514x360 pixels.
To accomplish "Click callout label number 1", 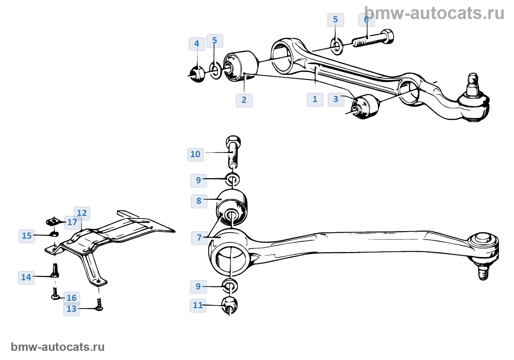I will click(315, 99).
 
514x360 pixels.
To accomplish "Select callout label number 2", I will click(244, 100).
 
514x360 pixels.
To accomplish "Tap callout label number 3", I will click(336, 99).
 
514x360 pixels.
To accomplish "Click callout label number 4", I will click(197, 44).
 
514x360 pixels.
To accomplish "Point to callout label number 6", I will click(366, 19).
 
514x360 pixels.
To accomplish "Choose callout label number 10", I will click(195, 154).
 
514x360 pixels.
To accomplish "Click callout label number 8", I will click(199, 201).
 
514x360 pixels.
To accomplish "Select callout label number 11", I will click(198, 305).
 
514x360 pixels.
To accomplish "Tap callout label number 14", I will click(26, 277).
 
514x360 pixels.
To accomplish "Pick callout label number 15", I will click(27, 236).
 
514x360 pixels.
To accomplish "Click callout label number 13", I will click(72, 309).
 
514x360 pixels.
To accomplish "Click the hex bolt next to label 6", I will click(374, 39).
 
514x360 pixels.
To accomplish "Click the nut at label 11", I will click(230, 305).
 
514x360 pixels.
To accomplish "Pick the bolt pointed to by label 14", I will click(55, 271).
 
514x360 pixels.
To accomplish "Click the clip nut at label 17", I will click(53, 222).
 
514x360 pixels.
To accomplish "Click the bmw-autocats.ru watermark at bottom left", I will click(58, 347).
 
